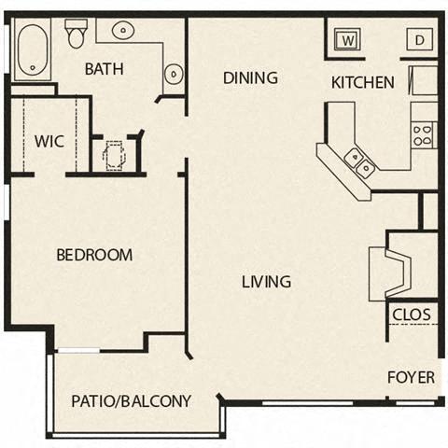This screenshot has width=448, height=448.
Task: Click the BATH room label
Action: (104, 69)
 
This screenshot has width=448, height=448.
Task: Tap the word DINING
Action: (250, 78)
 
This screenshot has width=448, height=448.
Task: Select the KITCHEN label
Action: (363, 82)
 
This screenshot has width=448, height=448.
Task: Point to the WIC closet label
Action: (49, 142)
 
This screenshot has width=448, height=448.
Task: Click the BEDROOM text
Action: (93, 255)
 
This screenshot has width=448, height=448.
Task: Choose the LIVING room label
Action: (266, 281)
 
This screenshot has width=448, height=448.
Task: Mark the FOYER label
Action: (412, 377)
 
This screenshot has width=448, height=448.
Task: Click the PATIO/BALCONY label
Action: (132, 401)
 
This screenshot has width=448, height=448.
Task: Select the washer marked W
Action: (347, 40)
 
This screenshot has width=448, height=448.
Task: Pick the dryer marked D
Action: (418, 40)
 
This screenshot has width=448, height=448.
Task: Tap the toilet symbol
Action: (75, 34)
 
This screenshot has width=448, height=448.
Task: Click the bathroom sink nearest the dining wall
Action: (173, 73)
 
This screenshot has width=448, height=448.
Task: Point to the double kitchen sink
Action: (360, 162)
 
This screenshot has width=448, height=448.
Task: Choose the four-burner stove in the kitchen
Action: (423, 134)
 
